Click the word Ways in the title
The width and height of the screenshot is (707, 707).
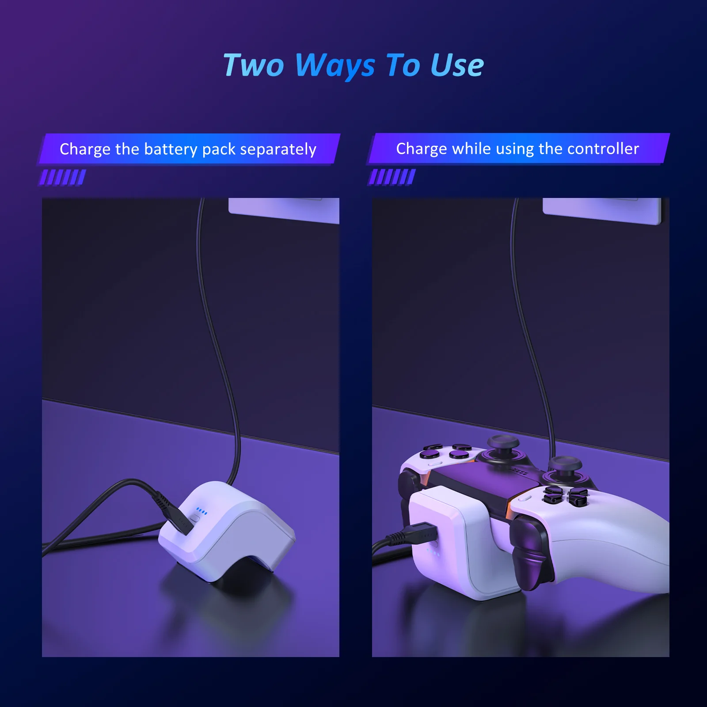click(x=334, y=66)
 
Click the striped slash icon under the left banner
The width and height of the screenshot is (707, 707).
click(x=63, y=177)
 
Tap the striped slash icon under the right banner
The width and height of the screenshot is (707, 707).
click(x=392, y=177)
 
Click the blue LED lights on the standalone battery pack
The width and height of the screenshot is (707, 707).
click(x=201, y=511)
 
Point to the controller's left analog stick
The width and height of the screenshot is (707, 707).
click(x=503, y=446)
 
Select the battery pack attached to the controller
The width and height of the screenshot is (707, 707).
click(x=446, y=544)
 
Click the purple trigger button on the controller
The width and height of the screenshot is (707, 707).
click(x=530, y=552)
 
